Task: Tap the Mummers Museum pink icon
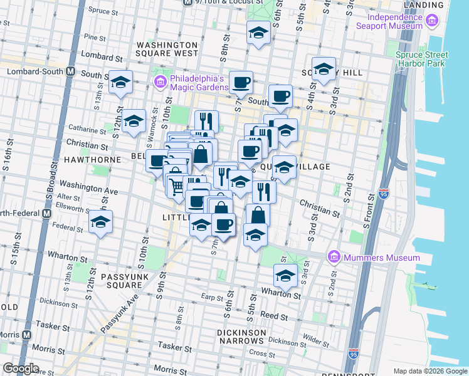coord(334,258)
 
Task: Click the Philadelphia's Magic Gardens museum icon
coord(160,82)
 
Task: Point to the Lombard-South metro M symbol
coord(70,71)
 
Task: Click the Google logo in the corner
coord(20,368)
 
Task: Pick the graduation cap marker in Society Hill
coord(324,70)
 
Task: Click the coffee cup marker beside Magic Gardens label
coord(241,82)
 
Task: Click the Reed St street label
coord(273,315)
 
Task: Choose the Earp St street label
coord(213,296)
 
